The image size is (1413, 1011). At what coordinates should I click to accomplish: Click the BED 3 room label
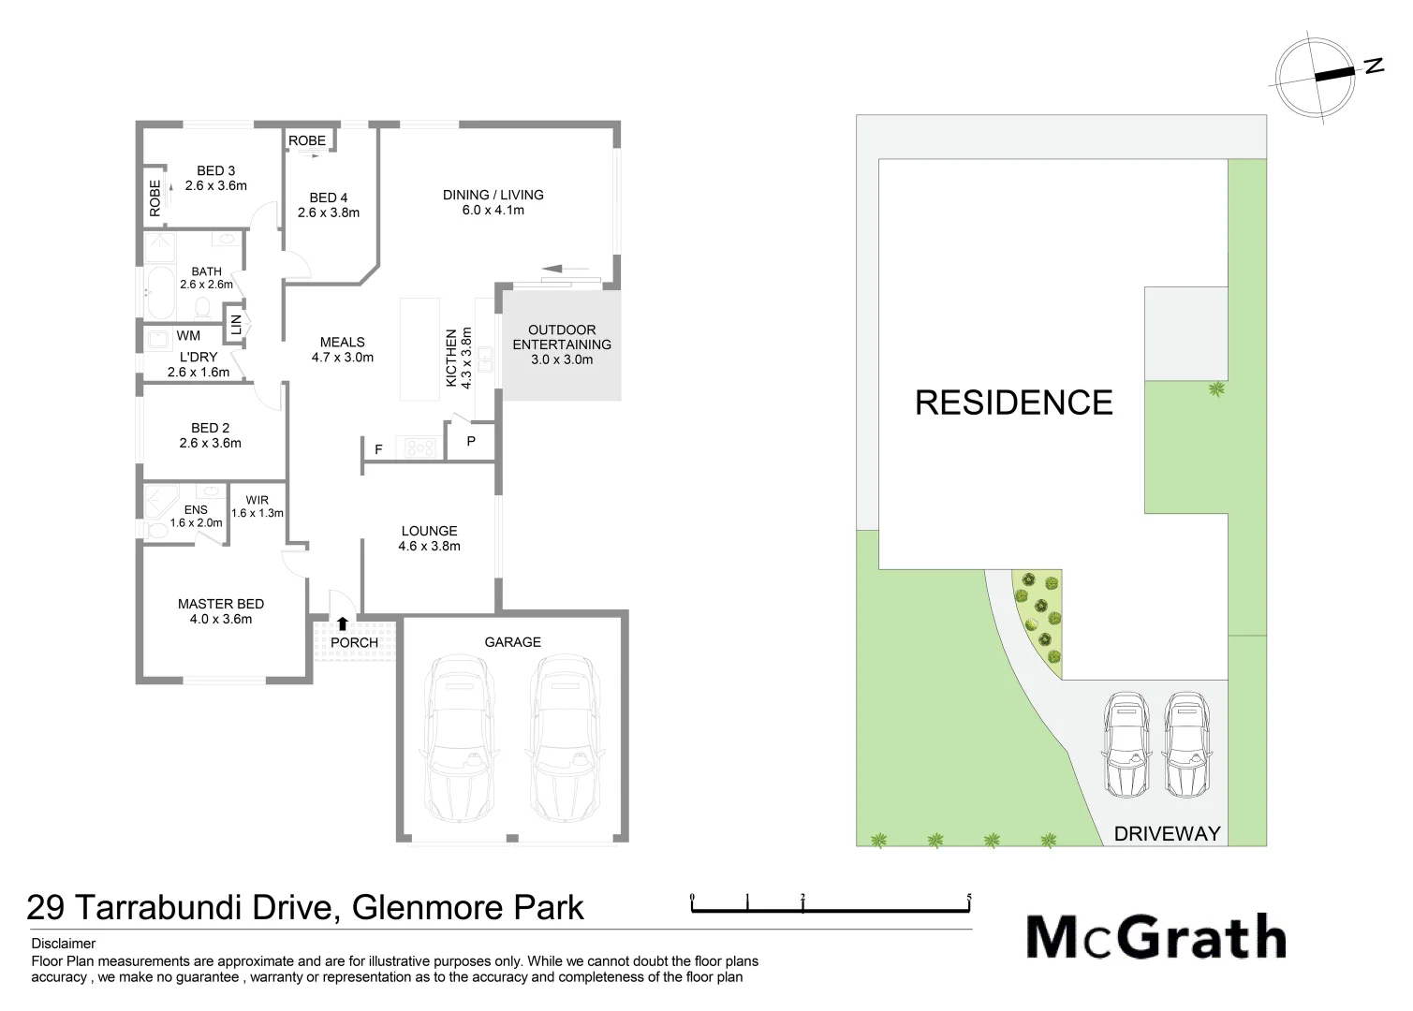tap(216, 178)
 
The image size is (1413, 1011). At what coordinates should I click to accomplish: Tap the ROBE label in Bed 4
tap(307, 140)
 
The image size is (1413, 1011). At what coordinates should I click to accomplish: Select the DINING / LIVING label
tap(493, 202)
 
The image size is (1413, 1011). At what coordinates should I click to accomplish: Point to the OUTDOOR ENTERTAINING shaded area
tap(562, 344)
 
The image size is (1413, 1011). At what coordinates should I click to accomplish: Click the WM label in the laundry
tap(188, 335)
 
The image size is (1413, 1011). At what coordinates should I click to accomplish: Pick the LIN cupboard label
tap(236, 325)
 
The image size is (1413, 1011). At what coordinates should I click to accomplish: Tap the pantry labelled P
tap(471, 441)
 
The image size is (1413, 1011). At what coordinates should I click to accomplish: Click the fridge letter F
tap(378, 450)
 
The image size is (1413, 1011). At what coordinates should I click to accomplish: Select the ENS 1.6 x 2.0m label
tap(196, 516)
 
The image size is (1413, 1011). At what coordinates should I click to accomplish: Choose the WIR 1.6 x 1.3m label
tap(257, 506)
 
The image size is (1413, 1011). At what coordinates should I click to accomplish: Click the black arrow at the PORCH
tap(343, 623)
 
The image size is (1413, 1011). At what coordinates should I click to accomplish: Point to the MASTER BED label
tap(221, 611)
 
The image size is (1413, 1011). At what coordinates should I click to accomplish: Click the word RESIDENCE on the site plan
tap(1014, 403)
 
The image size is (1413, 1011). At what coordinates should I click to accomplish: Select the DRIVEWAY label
tap(1167, 833)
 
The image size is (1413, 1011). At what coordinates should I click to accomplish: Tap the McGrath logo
tap(1156, 936)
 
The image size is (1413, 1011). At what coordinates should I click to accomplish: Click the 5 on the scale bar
tap(969, 898)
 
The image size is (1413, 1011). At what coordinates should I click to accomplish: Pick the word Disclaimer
tap(64, 944)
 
